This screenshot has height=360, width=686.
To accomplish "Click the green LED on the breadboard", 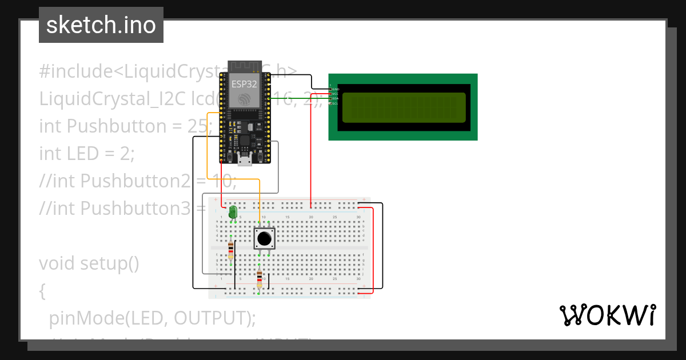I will pos(232,213).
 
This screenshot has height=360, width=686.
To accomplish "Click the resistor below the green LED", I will pos(230,249).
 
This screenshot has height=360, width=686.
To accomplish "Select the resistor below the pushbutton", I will pos(260,280).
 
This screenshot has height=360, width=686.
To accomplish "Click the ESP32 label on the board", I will pos(244,84).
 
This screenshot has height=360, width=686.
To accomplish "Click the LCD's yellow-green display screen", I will pos(404,107).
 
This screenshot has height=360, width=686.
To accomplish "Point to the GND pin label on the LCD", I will pos(336,89).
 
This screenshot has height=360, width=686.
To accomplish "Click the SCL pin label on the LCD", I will pos(336,103).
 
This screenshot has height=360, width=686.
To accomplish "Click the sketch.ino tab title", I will pos(101,25).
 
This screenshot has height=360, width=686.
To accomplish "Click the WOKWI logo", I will pos(607,315).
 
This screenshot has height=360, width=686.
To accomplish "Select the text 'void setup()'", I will pos(89,263).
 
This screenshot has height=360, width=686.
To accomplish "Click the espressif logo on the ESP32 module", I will pos(244,99).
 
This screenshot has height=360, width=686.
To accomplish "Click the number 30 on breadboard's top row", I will pos(358,217).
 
